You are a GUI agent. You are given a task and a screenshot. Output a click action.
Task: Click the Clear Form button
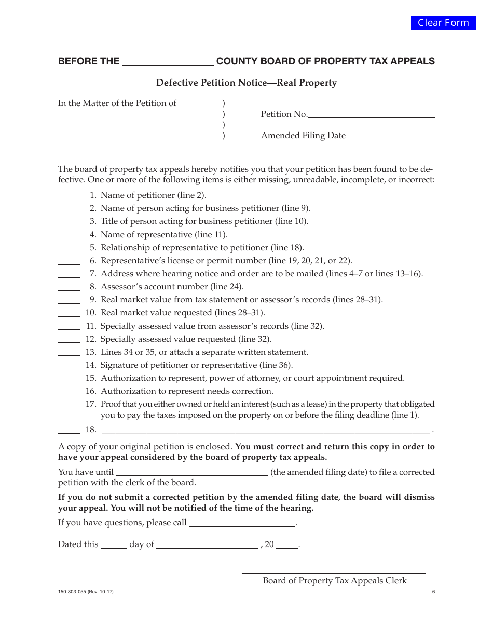coord(443,23)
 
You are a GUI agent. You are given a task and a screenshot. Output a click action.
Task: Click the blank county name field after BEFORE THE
coord(167,62)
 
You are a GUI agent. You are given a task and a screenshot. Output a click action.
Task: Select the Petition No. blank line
coord(372,115)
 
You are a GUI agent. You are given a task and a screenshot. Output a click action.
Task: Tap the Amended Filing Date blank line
coord(390,136)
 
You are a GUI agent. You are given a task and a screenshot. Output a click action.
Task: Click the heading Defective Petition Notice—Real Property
coord(246,83)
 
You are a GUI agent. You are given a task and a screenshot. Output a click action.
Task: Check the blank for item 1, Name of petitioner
coord(69,196)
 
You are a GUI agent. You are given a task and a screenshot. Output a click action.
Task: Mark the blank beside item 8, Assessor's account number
coord(69,287)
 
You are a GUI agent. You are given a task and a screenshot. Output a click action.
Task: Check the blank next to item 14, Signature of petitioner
coord(69,366)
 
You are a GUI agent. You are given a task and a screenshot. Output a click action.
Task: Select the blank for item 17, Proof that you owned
coord(69,405)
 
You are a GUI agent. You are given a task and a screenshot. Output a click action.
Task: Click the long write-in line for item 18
coord(266,430)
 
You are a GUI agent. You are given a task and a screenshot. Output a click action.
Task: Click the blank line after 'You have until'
coord(191,473)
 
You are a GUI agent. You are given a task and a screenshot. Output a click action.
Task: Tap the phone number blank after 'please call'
coord(242,524)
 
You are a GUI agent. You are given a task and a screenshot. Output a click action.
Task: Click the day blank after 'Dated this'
coord(114,545)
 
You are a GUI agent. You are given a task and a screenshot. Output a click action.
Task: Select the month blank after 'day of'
coord(208,545)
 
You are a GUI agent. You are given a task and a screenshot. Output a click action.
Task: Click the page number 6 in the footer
coord(433,592)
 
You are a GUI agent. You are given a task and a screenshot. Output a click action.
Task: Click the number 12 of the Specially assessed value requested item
coord(91,339)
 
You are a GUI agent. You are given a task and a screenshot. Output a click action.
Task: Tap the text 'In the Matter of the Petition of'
coord(117,103)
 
